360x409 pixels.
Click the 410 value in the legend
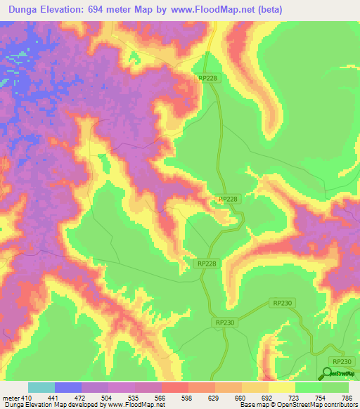26,397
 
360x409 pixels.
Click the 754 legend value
321,397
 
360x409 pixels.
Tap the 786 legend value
347,397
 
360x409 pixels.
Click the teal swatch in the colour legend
41,387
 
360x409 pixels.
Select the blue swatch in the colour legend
68,387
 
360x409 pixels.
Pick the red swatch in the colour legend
175,387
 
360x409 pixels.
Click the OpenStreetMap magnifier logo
328,374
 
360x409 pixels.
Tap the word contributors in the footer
335,405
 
